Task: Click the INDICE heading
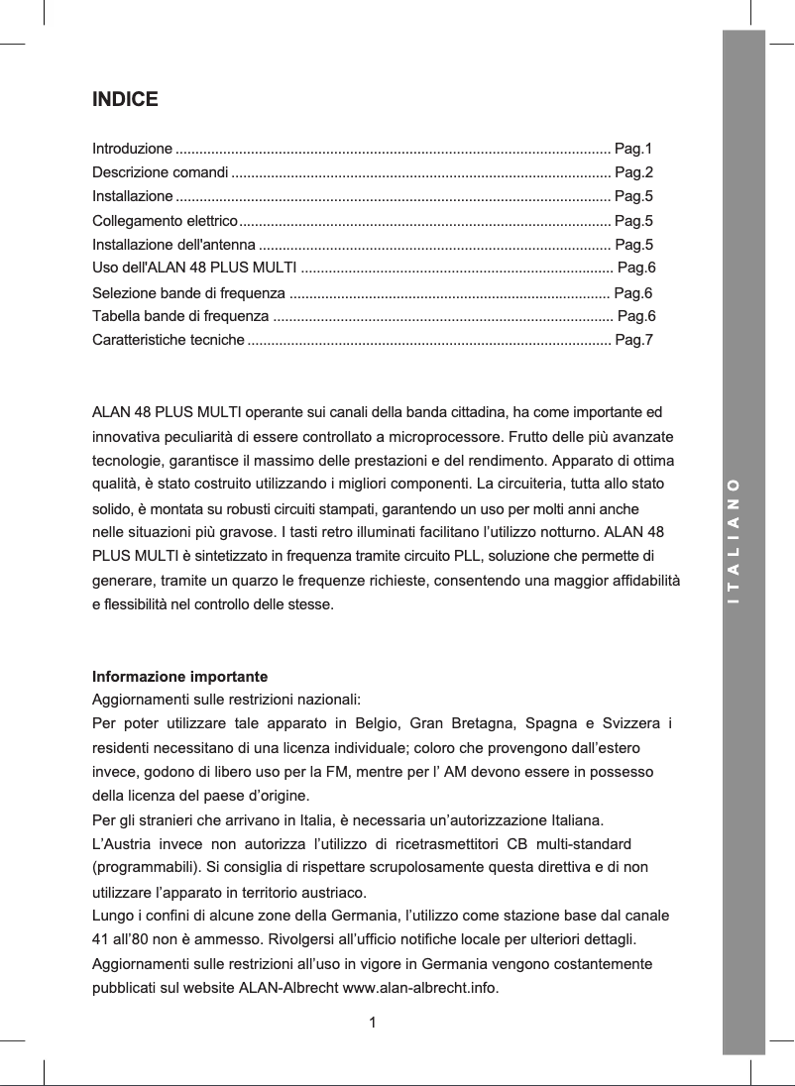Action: pyautogui.click(x=125, y=100)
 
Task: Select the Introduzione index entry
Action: pyautogui.click(x=132, y=150)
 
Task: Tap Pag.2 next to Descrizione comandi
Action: pyautogui.click(x=632, y=172)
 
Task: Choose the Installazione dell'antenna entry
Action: pyautogui.click(x=173, y=244)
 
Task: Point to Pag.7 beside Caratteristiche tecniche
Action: pyautogui.click(x=632, y=341)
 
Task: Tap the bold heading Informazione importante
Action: pyautogui.click(x=179, y=678)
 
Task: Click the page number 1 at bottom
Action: pyautogui.click(x=372, y=1022)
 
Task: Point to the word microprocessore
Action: pyautogui.click(x=449, y=437)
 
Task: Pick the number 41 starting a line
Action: pyautogui.click(x=101, y=938)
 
